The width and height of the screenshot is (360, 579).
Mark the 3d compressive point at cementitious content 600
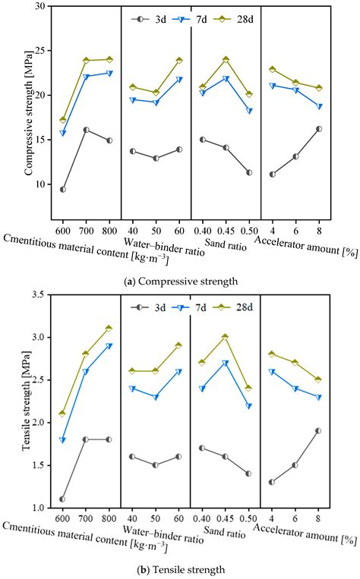tap(62, 189)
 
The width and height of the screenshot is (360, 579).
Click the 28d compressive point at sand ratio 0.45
tap(226, 59)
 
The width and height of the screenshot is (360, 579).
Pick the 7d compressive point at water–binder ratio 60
tap(179, 80)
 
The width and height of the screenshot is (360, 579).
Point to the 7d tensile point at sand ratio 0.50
tap(248, 406)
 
